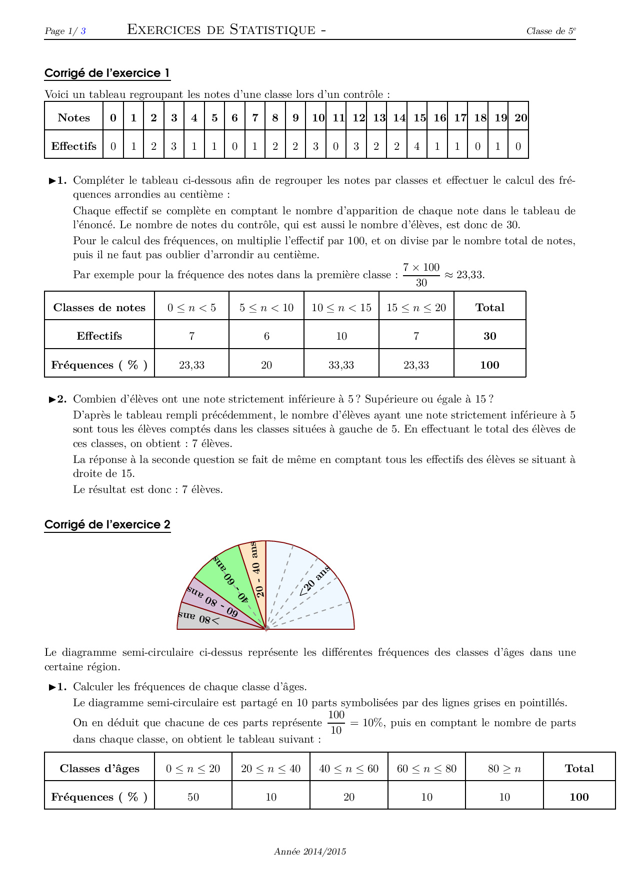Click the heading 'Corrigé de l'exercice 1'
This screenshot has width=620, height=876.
107,73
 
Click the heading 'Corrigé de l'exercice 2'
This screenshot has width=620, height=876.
107,524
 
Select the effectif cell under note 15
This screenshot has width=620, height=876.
417,146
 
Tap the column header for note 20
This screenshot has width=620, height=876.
520,118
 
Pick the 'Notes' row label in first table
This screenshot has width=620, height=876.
74,118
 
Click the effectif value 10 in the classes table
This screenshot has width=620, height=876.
341,336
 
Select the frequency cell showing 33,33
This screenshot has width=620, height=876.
341,365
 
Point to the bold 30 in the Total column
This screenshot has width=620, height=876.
489,336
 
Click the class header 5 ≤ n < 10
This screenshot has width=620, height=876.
266,308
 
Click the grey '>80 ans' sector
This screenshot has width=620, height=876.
200,619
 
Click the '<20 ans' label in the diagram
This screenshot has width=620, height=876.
314,581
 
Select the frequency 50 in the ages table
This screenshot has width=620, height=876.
193,797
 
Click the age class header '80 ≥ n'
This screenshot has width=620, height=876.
504,769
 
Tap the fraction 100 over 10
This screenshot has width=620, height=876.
336,722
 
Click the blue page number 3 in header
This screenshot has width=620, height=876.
83,31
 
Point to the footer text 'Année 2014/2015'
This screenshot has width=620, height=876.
309,852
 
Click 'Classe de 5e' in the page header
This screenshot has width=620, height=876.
550,31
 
